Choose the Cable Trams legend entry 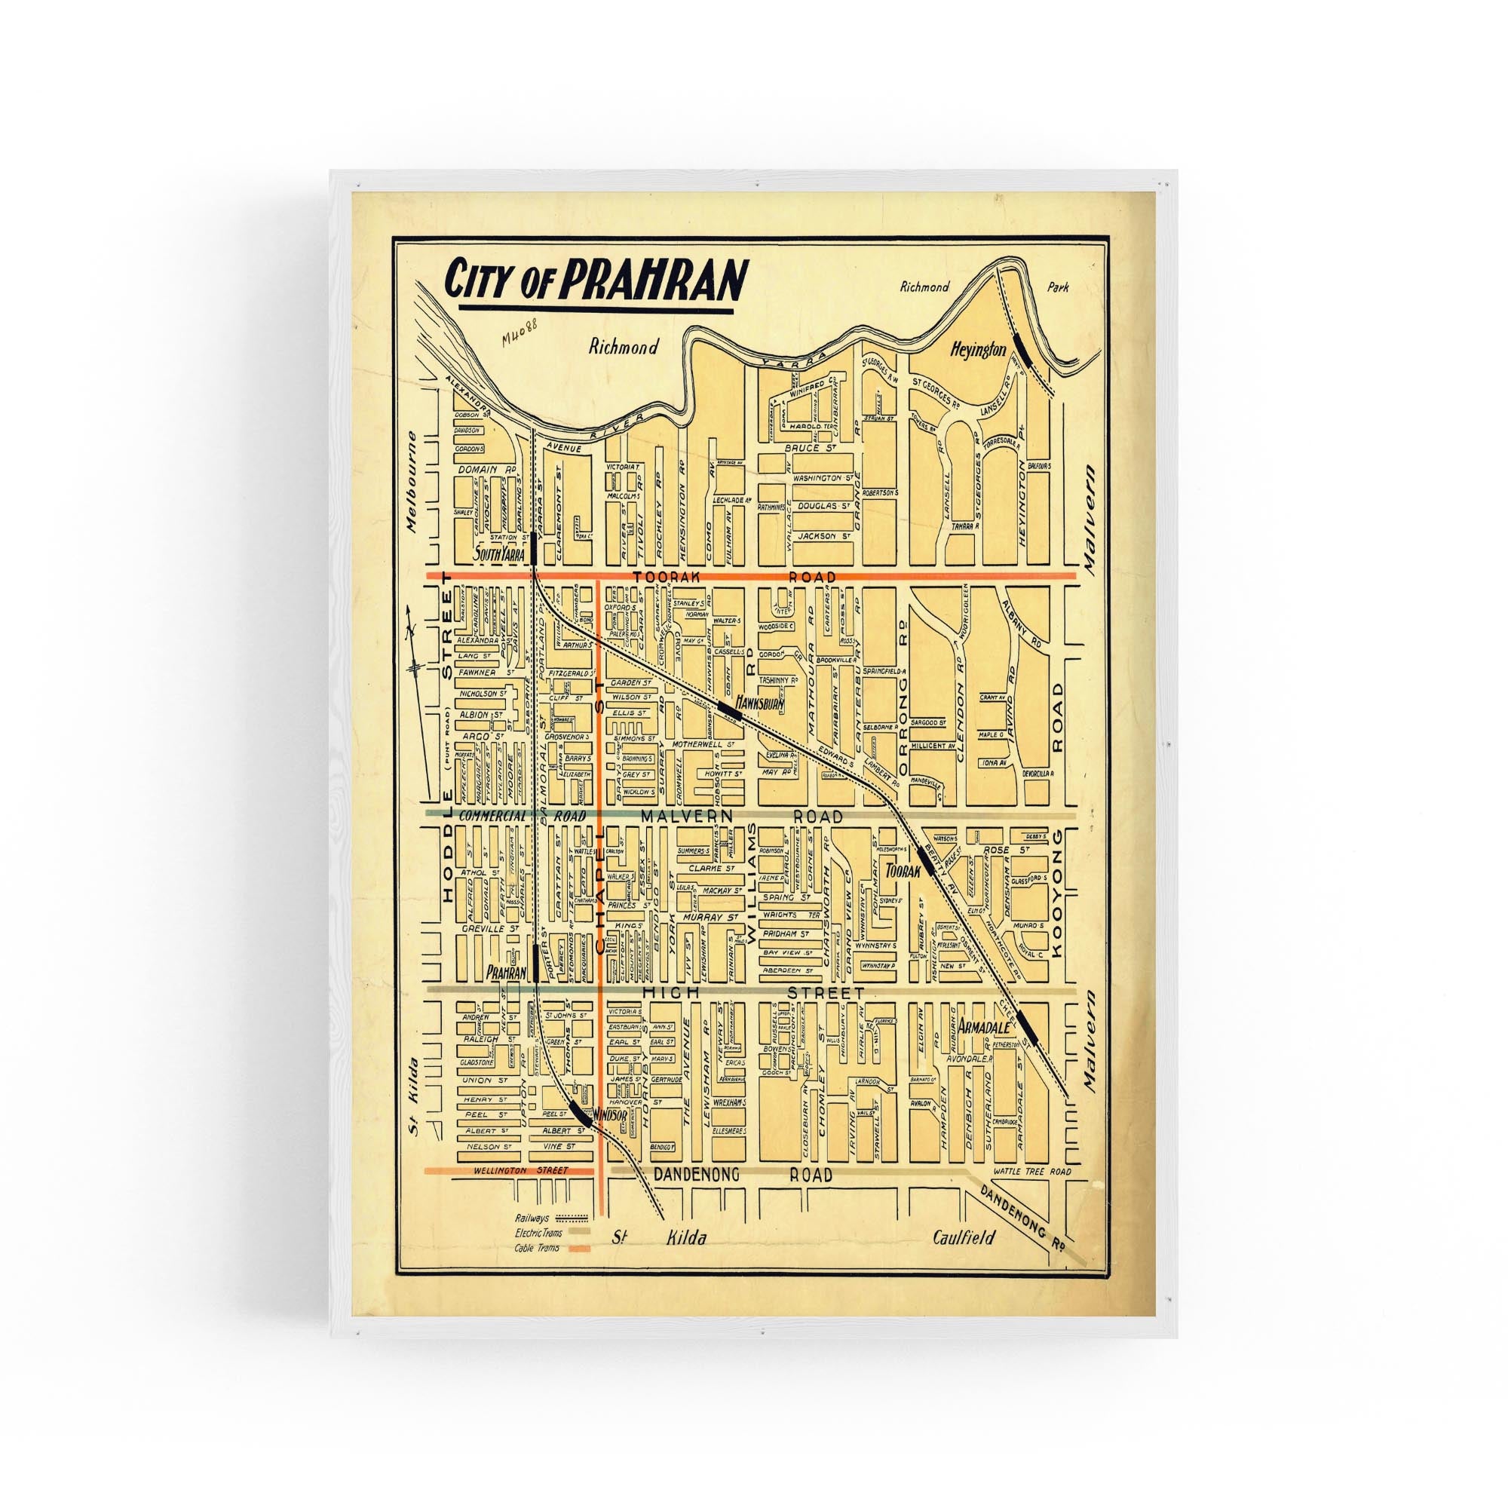tap(535, 1249)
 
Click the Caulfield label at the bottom tap(966, 1237)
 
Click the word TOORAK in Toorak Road tap(664, 577)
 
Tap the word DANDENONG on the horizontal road tap(691, 1196)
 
